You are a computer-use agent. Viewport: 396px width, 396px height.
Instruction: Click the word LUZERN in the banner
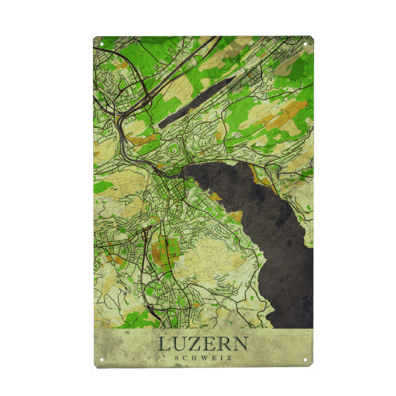(203, 345)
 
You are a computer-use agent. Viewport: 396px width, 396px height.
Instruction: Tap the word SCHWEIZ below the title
(203, 358)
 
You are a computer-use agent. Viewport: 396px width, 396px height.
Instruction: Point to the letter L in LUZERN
(164, 345)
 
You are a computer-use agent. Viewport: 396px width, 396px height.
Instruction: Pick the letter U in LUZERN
(180, 345)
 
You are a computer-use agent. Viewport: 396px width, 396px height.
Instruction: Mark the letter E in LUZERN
(210, 345)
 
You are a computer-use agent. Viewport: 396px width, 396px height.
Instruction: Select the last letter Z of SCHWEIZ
(228, 358)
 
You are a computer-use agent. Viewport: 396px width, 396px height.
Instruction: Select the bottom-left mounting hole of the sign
(102, 360)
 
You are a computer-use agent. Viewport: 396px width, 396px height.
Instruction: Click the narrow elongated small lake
(196, 101)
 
